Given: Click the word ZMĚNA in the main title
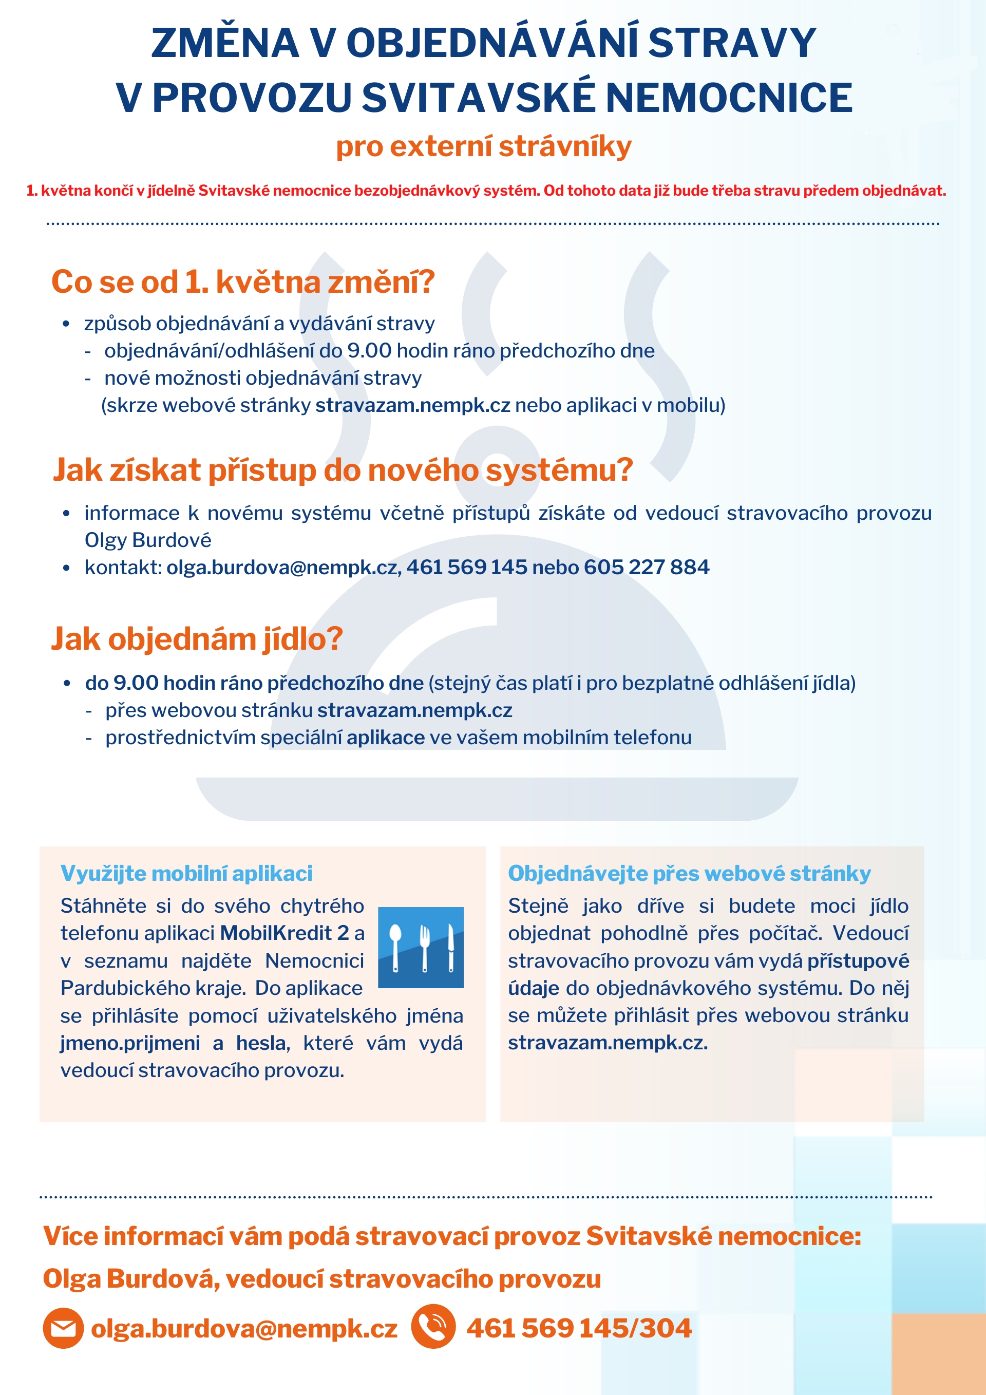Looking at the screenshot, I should pos(225,44).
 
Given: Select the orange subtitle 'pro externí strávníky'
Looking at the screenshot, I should pos(484,146).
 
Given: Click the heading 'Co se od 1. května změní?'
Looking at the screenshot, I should pos(243,282).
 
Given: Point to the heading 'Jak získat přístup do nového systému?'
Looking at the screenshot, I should pos(343,470).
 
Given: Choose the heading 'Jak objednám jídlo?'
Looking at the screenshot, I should pos(197,639).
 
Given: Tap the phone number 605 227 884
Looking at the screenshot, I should pos(647,568).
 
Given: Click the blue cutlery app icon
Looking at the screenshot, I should pos(421,947).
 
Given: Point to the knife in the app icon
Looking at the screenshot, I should pos(450,947).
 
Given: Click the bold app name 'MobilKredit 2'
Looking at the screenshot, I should pos(285,933).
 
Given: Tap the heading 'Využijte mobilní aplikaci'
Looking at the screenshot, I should pos(186,874).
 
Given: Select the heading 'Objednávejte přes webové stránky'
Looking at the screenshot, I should pos(689,874).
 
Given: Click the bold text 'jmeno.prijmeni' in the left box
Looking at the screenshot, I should pos(130,1043).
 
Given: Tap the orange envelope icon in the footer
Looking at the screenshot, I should pos(63,1328).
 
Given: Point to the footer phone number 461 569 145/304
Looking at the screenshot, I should pos(579,1328).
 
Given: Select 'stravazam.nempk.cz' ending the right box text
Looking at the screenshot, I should pos(608,1043).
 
